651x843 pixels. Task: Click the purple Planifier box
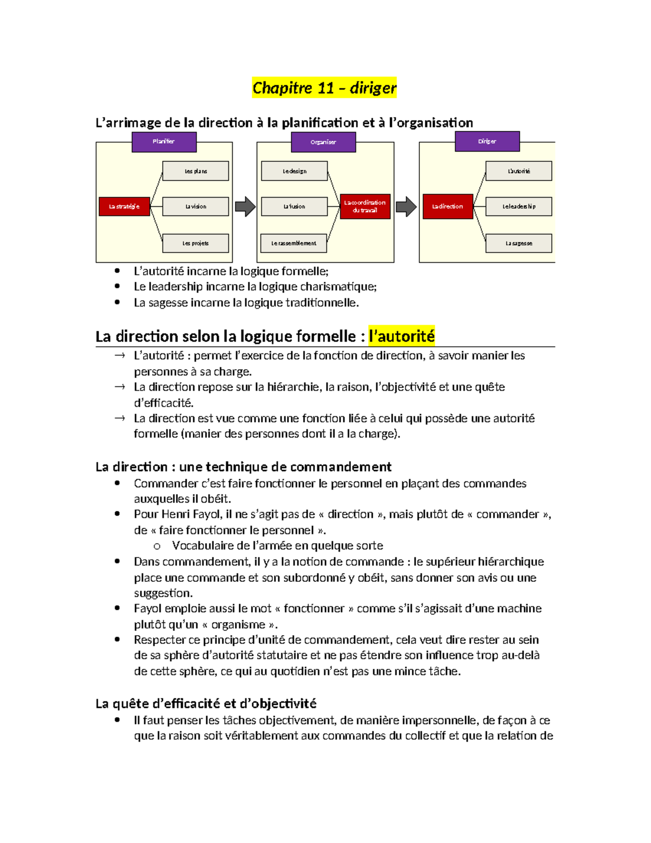click(x=164, y=142)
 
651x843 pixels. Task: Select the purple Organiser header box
click(x=323, y=142)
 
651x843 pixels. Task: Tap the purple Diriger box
click(x=487, y=142)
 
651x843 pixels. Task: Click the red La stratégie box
click(x=124, y=207)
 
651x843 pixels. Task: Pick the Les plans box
click(x=195, y=171)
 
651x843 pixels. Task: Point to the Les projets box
click(x=195, y=243)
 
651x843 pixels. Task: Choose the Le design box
click(x=294, y=171)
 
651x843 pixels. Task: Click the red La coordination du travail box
click(x=365, y=207)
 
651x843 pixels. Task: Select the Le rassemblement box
click(x=293, y=243)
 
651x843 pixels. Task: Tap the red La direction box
click(x=448, y=207)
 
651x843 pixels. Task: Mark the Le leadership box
click(x=519, y=207)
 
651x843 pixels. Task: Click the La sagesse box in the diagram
click(x=519, y=243)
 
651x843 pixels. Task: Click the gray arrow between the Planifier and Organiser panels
click(x=245, y=207)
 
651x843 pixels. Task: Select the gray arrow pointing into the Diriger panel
click(x=406, y=207)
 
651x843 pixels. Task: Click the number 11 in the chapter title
click(x=325, y=88)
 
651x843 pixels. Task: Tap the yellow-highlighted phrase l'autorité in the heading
click(x=401, y=337)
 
